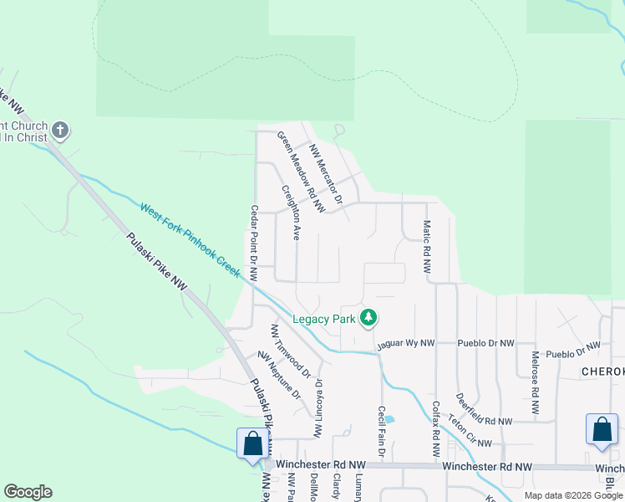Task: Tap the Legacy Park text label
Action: [324, 319]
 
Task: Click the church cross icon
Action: [59, 131]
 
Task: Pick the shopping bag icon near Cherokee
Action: [602, 429]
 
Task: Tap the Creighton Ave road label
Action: [291, 213]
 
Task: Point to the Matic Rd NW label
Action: [426, 248]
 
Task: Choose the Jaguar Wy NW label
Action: [406, 343]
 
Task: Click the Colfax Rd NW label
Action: [435, 428]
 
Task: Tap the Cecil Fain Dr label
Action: [380, 432]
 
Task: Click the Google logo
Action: [28, 492]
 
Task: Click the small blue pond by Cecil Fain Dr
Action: [390, 418]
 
